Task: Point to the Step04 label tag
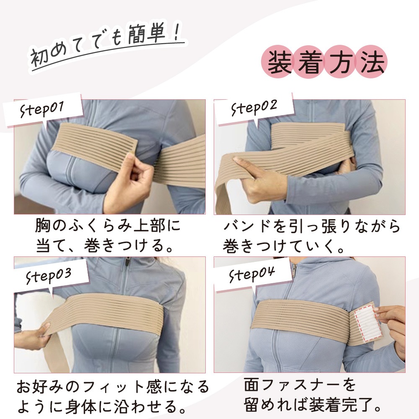click(253, 275)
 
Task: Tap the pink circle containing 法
click(371, 62)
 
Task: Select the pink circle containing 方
click(340, 62)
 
